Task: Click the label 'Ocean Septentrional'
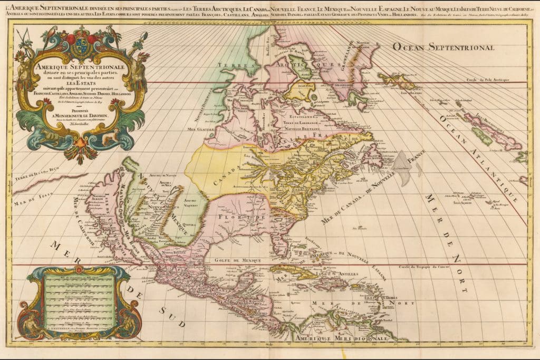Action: click(442, 47)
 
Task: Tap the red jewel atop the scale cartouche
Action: click(80, 270)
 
